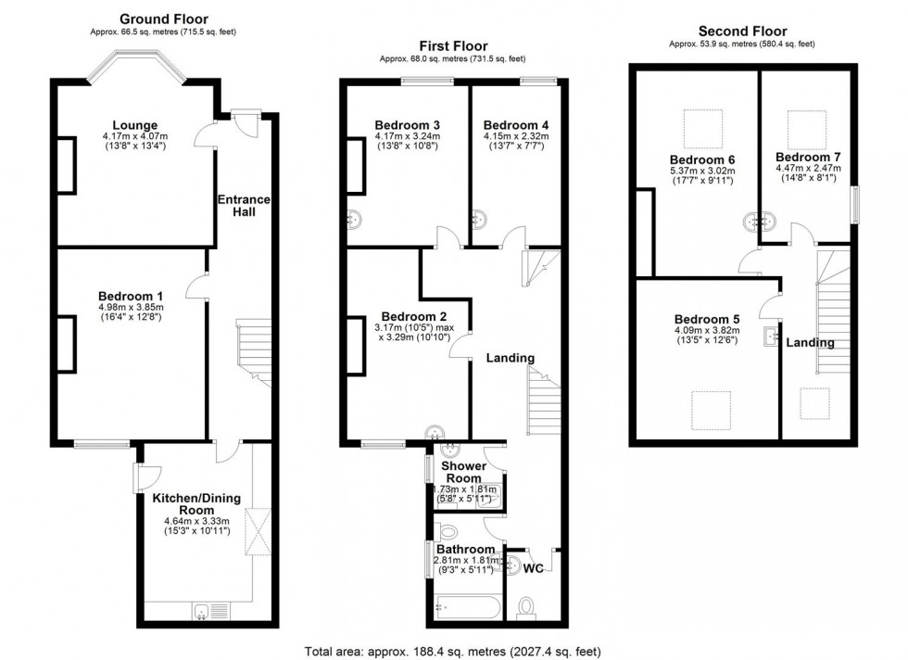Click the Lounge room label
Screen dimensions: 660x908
(135, 125)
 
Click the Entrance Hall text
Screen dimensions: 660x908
(245, 206)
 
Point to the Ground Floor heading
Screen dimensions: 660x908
(163, 19)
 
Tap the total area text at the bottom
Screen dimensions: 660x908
(453, 652)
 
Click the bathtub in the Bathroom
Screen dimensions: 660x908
(468, 608)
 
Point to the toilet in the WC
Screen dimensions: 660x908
(526, 607)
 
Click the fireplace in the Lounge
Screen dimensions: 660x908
(66, 165)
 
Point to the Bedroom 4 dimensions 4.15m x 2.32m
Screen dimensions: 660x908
(515, 136)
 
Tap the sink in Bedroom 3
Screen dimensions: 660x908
(355, 221)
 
